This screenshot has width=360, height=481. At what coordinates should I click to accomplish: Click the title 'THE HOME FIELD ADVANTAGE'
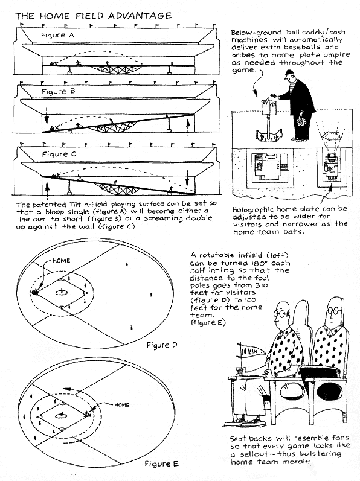93,16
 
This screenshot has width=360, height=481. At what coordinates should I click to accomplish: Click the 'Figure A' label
58,35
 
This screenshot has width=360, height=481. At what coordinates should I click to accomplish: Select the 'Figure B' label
59,91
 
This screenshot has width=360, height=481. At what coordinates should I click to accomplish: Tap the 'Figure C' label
59,154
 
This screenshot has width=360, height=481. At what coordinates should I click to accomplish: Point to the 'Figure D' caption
162,345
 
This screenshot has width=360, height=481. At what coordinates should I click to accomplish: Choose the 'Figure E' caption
161,463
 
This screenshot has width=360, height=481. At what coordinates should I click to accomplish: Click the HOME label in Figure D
61,261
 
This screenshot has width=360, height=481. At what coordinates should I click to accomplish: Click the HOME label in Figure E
122,404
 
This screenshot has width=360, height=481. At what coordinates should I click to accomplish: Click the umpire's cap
289,73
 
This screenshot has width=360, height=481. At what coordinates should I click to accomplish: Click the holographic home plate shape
330,135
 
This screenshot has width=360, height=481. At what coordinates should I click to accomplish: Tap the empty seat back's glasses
333,311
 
